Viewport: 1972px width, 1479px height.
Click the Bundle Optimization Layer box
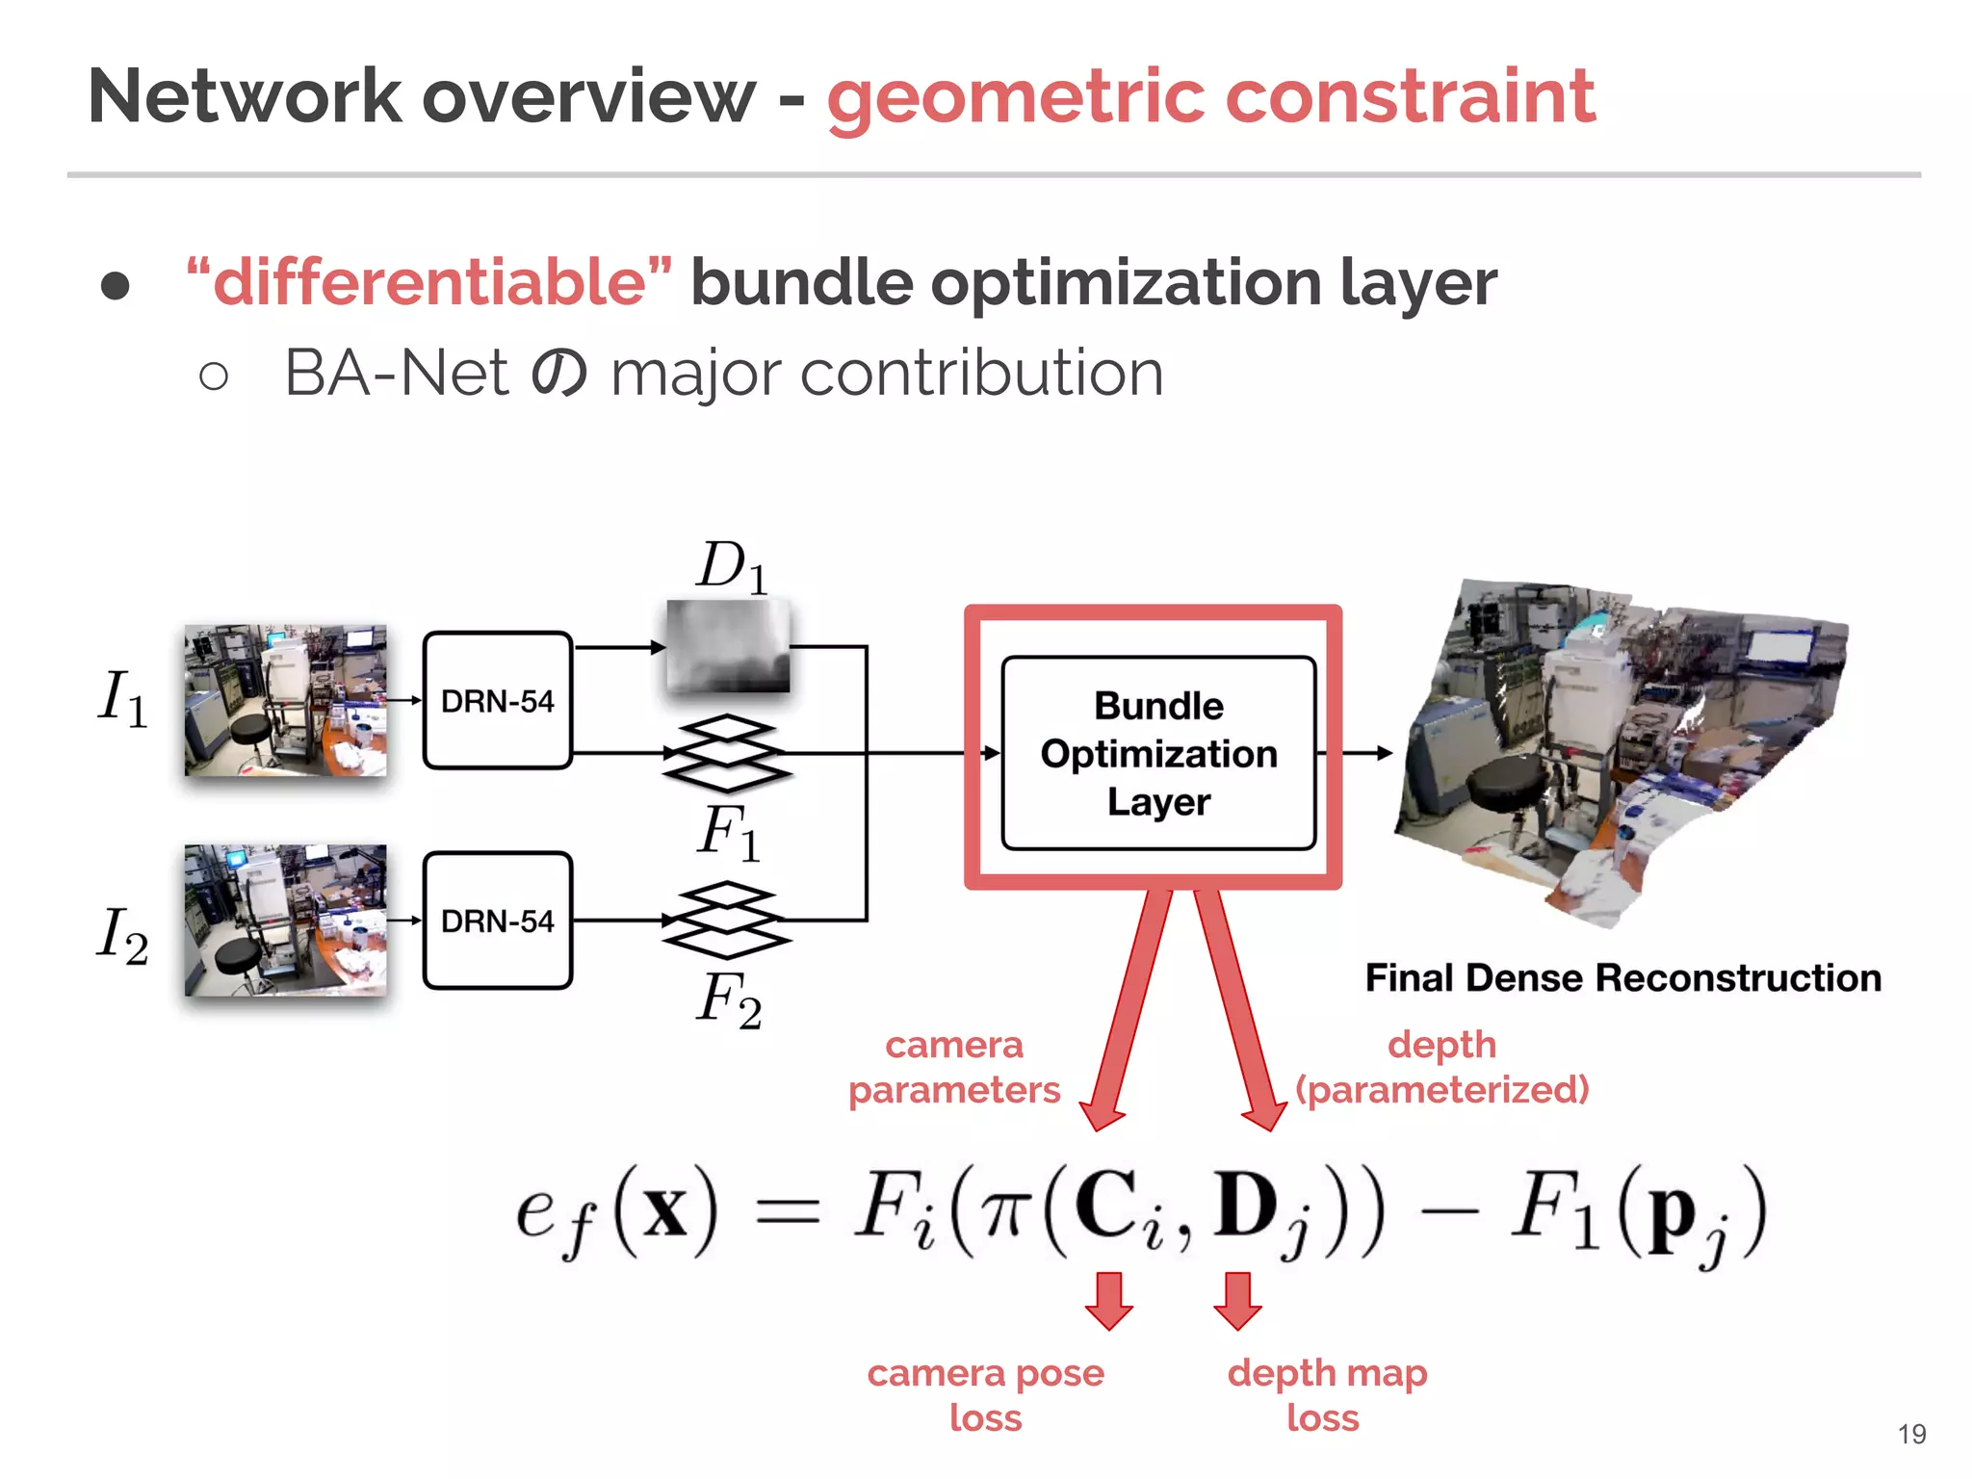point(1158,753)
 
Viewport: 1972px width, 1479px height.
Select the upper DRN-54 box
point(498,700)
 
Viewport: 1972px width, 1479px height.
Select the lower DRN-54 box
point(498,921)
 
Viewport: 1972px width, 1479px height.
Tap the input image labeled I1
point(286,700)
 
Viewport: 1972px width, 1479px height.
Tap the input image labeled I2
point(286,921)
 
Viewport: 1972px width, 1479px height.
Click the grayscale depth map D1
point(728,645)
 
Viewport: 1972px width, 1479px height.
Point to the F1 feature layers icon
point(727,753)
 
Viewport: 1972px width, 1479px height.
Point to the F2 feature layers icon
point(727,921)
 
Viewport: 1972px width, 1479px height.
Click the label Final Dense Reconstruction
point(1622,977)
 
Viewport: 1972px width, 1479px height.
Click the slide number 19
point(1911,1435)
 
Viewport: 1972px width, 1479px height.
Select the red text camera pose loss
point(985,1394)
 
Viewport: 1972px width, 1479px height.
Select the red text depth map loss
point(1326,1394)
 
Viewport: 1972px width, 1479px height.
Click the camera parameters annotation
point(953,1067)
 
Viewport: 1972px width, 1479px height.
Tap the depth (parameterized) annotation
point(1441,1067)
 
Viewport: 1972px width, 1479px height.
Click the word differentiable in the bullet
point(429,283)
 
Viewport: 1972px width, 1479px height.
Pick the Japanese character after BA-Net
point(559,374)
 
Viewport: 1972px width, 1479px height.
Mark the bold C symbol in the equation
point(1105,1206)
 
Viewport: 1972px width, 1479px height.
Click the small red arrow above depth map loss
point(1237,1301)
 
